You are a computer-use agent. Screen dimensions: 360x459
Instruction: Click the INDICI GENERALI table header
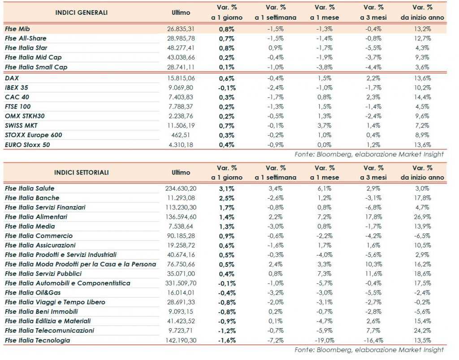(82, 13)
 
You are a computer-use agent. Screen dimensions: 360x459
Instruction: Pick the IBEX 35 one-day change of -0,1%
(227, 87)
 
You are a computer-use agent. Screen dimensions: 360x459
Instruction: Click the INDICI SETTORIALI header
(82, 172)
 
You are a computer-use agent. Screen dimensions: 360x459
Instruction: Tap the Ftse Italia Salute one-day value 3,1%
(227, 188)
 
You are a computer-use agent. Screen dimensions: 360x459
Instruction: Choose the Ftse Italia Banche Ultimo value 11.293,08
(181, 198)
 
